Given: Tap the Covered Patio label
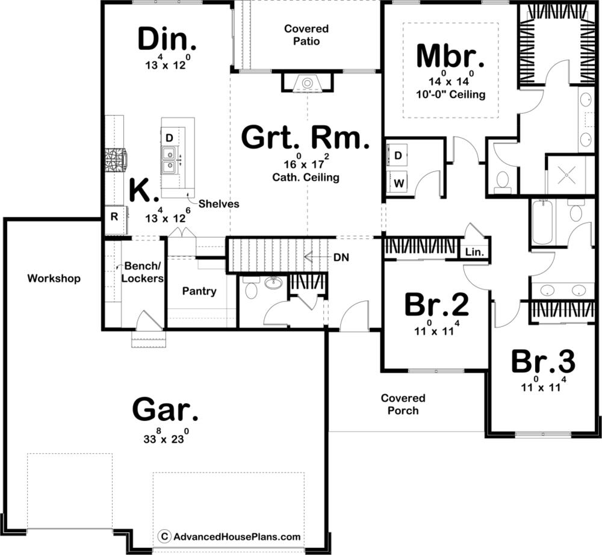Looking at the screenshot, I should [x=306, y=35].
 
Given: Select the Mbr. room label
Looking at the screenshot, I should [x=450, y=57].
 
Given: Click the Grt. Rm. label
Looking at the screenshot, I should [x=305, y=138].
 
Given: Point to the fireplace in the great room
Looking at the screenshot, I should [x=307, y=83].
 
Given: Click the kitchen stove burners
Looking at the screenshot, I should [x=114, y=160].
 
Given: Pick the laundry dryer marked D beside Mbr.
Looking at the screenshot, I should [x=398, y=155].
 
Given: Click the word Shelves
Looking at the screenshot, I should [x=219, y=204].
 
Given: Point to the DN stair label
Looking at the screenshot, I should [x=340, y=257].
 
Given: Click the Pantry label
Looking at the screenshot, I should [x=199, y=291].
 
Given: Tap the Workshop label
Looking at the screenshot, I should [x=54, y=279].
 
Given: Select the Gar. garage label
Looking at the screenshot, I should [x=164, y=411].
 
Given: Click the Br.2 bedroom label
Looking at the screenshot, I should [x=436, y=306].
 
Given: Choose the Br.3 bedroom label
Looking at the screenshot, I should [x=543, y=362].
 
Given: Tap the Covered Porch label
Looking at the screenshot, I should [x=403, y=405].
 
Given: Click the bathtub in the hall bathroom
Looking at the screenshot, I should [x=542, y=223].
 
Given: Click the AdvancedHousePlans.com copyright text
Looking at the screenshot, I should [x=230, y=536].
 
